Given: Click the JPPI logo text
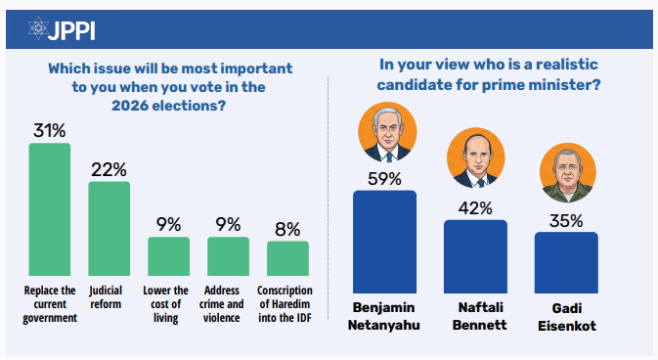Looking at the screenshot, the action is tap(71, 30).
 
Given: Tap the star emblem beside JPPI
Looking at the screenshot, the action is tap(38, 28).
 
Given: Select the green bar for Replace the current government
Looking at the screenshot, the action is tap(50, 209).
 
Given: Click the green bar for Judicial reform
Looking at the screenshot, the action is tap(110, 229).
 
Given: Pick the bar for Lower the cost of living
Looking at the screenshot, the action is tap(169, 256).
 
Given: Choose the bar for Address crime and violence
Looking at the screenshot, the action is tap(228, 256).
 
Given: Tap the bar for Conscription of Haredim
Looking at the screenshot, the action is tap(287, 258).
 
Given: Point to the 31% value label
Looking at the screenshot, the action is tap(50, 130).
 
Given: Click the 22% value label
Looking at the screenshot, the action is tap(110, 169).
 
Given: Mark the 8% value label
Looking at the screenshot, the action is tap(287, 229).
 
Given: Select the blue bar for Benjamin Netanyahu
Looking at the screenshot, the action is tap(385, 242).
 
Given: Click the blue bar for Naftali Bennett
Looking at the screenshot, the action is tap(475, 256).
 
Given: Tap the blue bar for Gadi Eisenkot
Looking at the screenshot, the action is tap(566, 262).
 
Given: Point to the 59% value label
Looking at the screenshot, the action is tap(385, 179).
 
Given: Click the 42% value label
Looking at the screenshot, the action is tap(475, 208).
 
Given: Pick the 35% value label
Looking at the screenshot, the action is tap(566, 220).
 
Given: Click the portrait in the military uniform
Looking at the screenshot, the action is tap(568, 172).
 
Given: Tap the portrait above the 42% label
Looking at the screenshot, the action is tap(476, 157).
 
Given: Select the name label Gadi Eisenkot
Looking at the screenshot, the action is tap(567, 317).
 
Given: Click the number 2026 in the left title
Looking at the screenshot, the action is tap(130, 106).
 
